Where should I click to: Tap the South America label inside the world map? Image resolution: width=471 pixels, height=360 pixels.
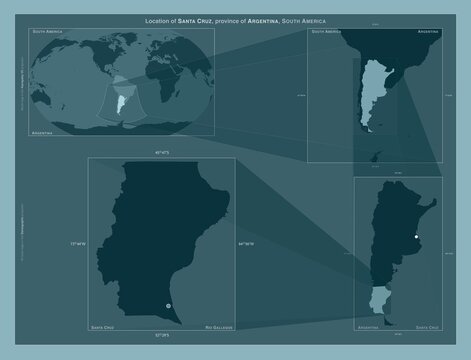click(x=49, y=33)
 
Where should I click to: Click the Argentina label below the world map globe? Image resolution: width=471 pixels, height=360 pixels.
click(x=43, y=132)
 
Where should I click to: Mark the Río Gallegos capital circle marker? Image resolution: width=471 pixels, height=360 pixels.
click(x=168, y=304)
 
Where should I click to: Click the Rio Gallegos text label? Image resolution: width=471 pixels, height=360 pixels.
click(x=218, y=327)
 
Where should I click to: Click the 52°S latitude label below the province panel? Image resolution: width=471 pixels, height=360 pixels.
click(x=161, y=333)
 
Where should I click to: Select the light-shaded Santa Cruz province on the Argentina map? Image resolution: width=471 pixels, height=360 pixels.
click(x=379, y=297)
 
